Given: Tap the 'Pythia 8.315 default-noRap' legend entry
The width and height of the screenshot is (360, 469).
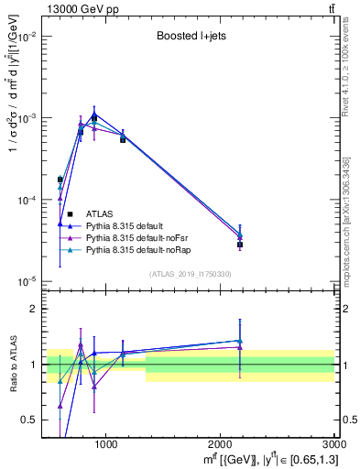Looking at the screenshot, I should pyautogui.click(x=144, y=249).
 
